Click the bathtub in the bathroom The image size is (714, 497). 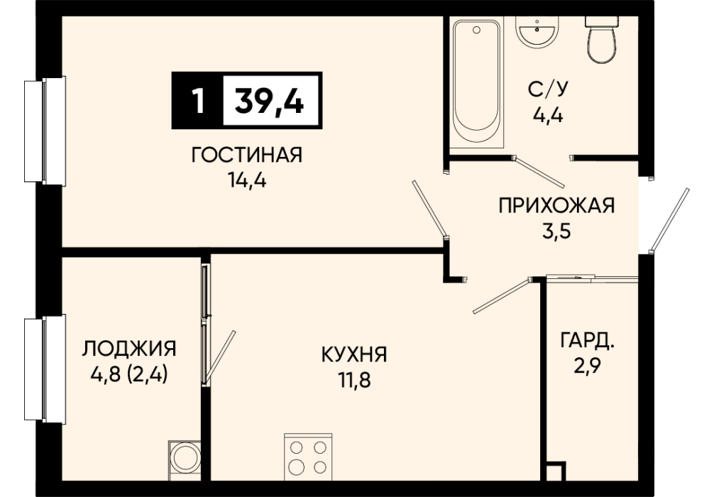click(x=476, y=83)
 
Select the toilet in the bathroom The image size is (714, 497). click(x=602, y=40)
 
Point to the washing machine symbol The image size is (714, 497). click(x=185, y=460)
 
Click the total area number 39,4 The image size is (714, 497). click(x=269, y=100)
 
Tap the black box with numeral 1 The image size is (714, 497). click(x=197, y=100)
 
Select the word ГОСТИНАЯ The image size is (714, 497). click(x=246, y=155)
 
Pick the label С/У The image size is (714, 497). click(x=548, y=89)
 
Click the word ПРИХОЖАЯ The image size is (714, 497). click(x=556, y=205)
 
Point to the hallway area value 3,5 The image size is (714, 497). click(x=556, y=231)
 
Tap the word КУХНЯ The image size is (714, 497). click(x=354, y=354)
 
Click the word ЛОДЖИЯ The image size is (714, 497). click(x=129, y=349)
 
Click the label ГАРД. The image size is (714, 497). click(x=588, y=340)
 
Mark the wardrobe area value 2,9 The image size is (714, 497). click(x=587, y=366)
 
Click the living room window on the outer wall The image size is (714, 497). click(x=45, y=131)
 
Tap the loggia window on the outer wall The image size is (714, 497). click(x=45, y=369)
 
